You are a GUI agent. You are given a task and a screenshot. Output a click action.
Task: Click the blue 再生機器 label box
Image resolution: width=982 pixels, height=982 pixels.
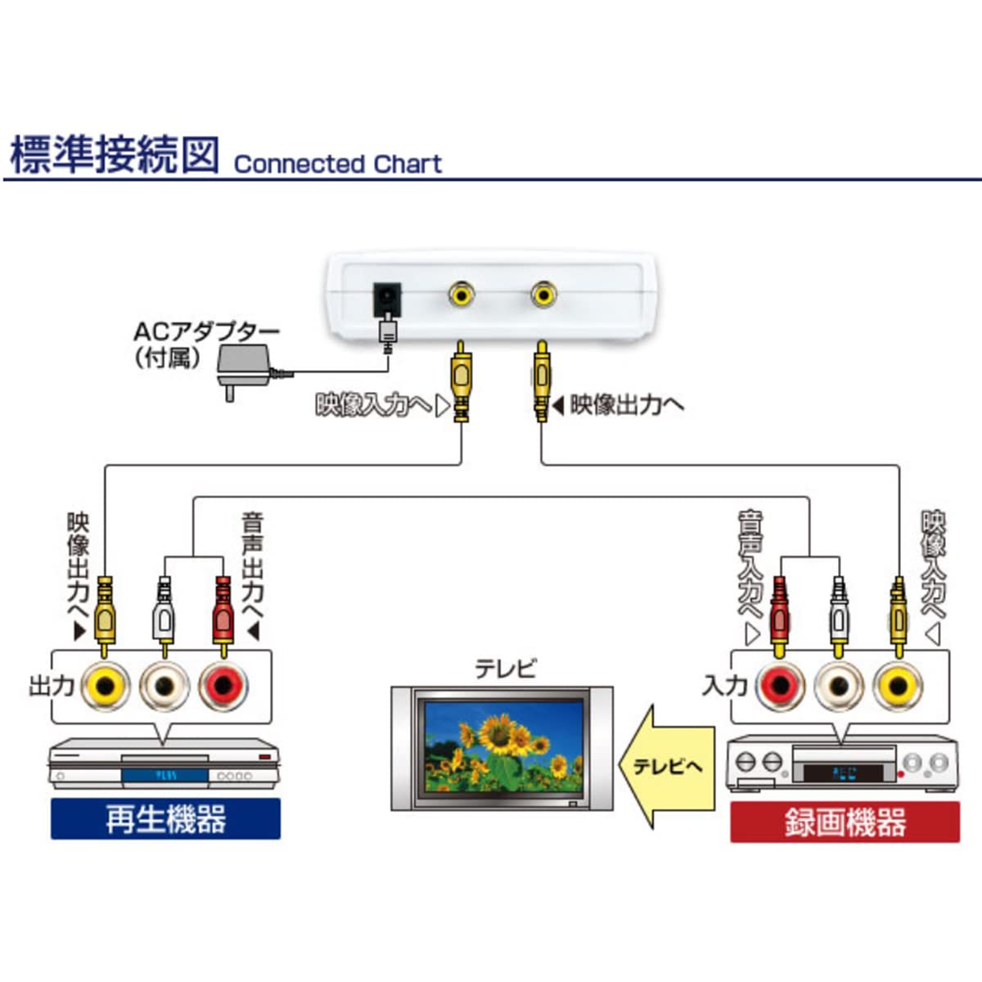pos(165,819)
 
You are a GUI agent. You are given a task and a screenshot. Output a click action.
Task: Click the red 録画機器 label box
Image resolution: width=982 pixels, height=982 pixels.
pos(845,822)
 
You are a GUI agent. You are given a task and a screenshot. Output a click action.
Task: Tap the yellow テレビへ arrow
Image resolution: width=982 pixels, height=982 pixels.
pos(665,766)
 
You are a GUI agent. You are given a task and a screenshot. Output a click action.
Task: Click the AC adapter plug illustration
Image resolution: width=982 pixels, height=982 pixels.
pos(244,365)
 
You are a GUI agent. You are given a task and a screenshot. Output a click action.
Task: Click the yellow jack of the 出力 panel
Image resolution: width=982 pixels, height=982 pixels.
pos(106,686)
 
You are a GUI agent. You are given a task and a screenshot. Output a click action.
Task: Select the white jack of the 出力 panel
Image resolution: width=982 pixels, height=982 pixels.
pos(165,686)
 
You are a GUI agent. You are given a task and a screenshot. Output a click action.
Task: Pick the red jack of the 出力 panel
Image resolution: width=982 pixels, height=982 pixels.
pos(223,686)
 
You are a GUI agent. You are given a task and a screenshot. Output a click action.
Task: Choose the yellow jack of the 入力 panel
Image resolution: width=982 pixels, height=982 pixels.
pos(898,686)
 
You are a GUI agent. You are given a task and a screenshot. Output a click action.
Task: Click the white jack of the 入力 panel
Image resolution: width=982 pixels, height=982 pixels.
pos(839,686)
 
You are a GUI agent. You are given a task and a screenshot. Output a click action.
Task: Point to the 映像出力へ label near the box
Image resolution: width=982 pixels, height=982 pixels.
pos(627,404)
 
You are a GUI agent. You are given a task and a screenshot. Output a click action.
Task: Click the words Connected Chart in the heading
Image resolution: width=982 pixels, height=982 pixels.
pos(337,164)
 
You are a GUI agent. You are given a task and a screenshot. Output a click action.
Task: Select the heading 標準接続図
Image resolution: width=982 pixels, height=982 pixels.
pos(115,155)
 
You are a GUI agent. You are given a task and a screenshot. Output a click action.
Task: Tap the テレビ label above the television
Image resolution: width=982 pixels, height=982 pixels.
pos(506,669)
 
